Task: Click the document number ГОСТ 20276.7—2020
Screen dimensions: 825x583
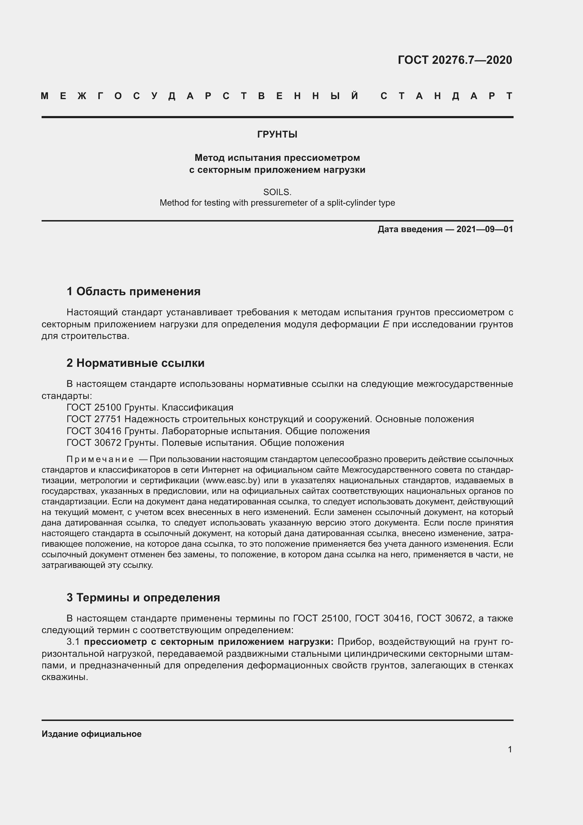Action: coord(454,60)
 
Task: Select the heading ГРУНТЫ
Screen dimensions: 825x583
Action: coord(277,134)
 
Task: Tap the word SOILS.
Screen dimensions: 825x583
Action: coord(277,192)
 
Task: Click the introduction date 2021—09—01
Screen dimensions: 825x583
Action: coord(485,229)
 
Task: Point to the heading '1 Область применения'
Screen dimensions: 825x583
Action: coord(133,291)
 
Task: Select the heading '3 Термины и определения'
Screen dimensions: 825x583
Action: coord(143,597)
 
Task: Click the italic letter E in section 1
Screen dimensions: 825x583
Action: coord(386,324)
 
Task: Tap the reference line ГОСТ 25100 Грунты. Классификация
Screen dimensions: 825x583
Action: coord(150,407)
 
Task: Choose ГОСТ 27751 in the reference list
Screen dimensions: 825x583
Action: coord(94,419)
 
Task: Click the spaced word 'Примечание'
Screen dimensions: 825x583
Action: coord(100,460)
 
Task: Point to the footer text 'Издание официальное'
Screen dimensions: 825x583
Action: coord(92,734)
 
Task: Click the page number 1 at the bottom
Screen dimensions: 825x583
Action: coord(510,749)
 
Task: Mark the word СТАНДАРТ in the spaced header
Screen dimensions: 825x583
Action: coord(446,96)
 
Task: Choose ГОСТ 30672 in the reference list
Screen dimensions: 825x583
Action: coord(94,443)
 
